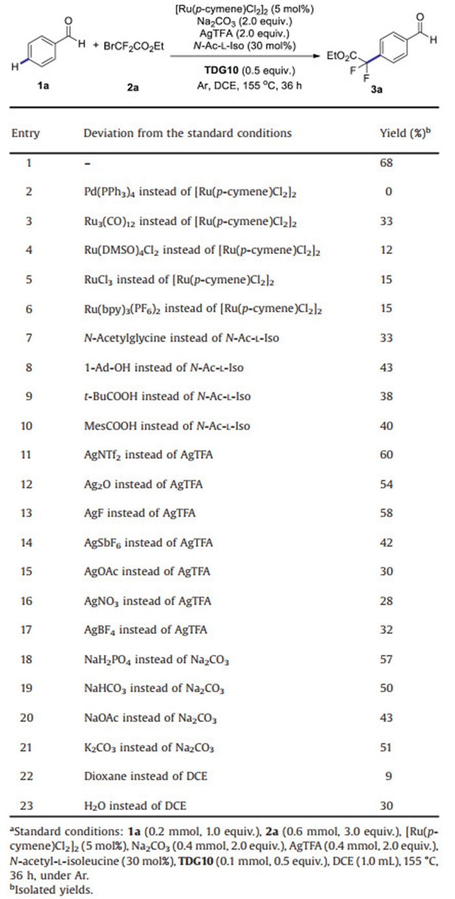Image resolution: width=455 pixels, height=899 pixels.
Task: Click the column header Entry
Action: click(25, 134)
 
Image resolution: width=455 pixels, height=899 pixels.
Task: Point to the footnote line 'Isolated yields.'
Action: click(53, 889)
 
